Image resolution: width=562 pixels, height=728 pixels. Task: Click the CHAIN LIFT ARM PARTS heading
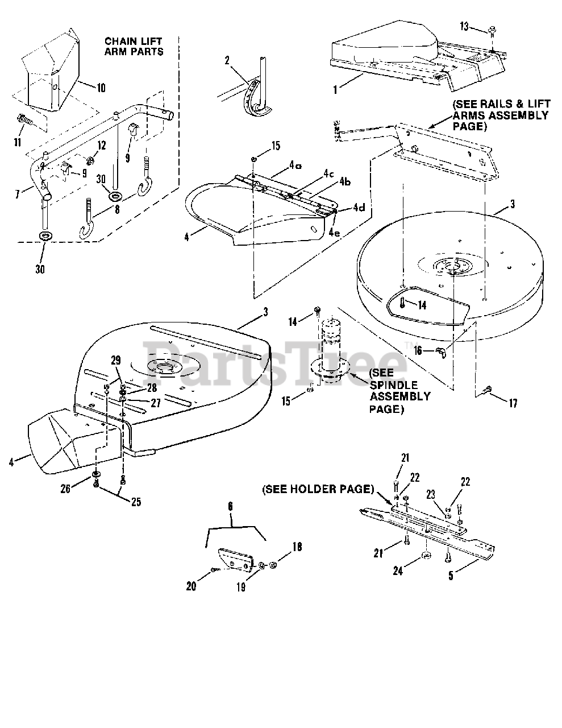(x=134, y=46)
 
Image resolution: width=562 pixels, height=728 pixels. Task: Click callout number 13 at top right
(x=465, y=27)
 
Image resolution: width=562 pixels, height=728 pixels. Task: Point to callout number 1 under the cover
(x=336, y=88)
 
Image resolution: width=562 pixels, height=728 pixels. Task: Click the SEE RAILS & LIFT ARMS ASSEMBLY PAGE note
(x=500, y=115)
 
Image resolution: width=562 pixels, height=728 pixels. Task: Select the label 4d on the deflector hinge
(x=358, y=208)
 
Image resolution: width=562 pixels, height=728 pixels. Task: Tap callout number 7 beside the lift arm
(x=19, y=193)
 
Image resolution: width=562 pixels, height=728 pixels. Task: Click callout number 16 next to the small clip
(x=418, y=351)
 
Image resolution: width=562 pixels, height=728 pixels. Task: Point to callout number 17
(x=513, y=403)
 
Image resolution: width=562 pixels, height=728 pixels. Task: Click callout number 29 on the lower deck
(x=116, y=360)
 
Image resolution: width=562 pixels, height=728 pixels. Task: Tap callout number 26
(x=65, y=487)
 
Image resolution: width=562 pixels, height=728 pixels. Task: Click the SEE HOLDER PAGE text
(x=317, y=489)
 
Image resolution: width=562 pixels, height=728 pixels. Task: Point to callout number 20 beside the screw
(x=191, y=585)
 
